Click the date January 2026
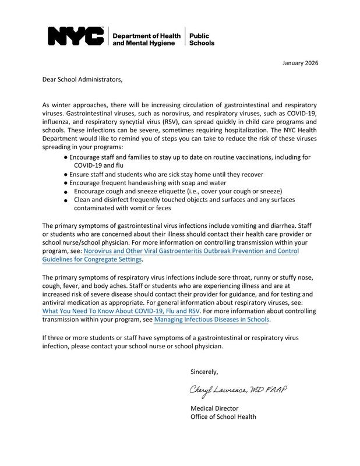point(300,63)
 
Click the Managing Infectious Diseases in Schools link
point(212,319)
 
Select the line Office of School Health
point(223,416)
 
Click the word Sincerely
point(204,371)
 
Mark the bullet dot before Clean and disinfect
point(66,201)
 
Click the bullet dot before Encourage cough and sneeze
point(66,192)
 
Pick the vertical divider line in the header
point(185,36)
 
